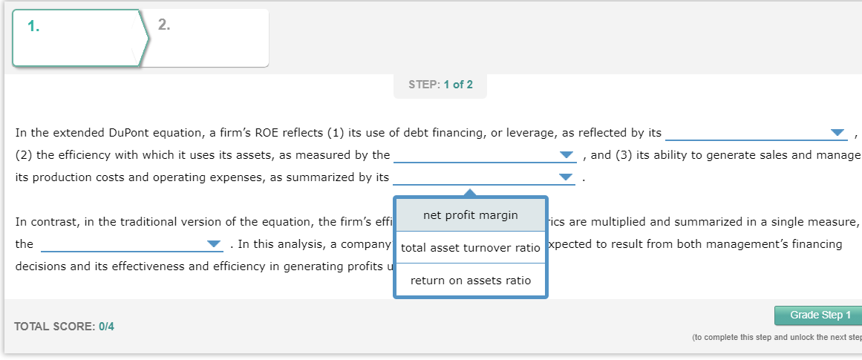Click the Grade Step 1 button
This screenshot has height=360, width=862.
[x=816, y=315]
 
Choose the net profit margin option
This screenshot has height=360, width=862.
[x=470, y=215]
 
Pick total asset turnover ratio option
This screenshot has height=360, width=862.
[x=470, y=248]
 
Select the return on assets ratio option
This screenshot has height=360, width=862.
[x=470, y=281]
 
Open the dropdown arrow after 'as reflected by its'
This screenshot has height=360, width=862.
[x=838, y=134]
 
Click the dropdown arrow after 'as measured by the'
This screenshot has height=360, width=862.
[x=567, y=156]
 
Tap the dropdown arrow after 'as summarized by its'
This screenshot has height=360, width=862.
[x=566, y=178]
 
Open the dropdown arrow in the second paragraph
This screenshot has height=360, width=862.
[x=214, y=244]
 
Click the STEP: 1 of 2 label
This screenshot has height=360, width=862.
[x=440, y=85]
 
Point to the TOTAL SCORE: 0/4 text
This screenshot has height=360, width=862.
[x=64, y=327]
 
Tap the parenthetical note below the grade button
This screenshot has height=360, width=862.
[x=775, y=338]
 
